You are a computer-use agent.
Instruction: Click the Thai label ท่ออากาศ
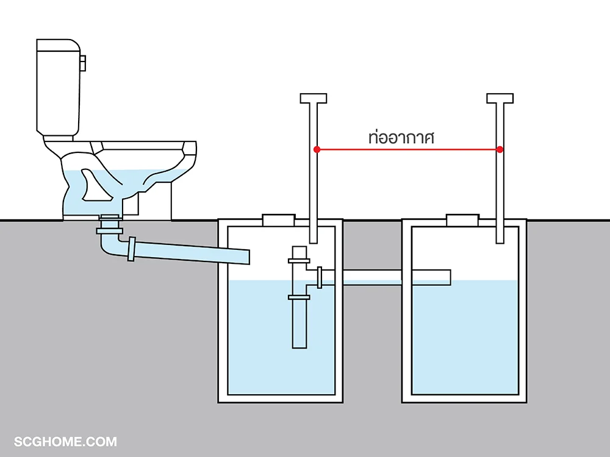point(401,138)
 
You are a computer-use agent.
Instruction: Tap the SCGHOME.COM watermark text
point(65,442)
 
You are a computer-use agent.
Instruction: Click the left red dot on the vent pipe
point(317,149)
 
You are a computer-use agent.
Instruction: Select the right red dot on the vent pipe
point(500,149)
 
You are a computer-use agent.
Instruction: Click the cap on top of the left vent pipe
point(313,98)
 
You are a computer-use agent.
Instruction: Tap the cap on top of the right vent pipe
point(500,98)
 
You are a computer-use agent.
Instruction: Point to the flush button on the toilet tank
point(83,63)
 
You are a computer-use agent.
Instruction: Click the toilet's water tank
point(59,87)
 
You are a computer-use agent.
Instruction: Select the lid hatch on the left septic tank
point(279,220)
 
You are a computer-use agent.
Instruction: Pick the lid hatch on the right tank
point(462,220)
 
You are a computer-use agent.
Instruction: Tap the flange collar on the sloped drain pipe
point(132,249)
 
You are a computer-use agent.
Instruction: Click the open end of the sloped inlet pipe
point(247,257)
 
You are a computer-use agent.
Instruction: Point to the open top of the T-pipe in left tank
point(299,247)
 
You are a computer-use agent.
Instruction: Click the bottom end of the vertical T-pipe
point(299,347)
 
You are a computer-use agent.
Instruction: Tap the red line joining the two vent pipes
point(409,149)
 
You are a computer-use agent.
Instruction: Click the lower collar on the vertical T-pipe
point(299,298)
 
